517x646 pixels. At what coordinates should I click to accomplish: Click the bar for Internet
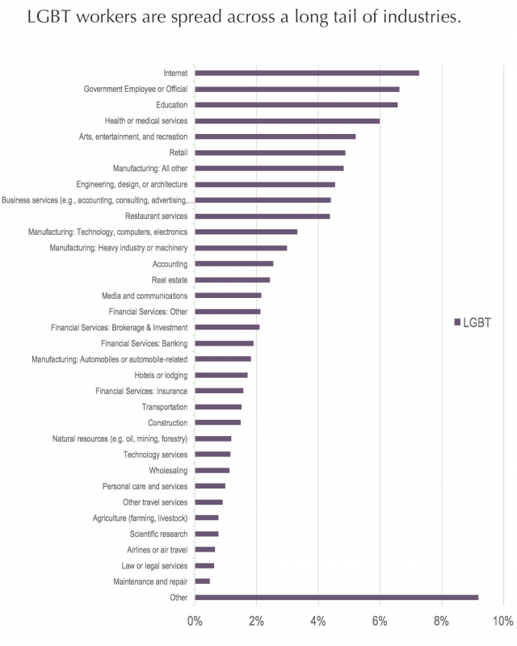pos(307,73)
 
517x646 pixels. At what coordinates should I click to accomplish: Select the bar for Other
pos(336,598)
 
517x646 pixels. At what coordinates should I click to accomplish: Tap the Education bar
pos(296,105)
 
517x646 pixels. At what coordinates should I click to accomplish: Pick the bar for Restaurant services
pos(263,216)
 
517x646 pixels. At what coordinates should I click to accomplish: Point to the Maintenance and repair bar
pos(202,581)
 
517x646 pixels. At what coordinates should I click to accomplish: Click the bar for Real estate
pos(232,280)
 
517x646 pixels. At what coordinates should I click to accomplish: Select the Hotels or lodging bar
pos(221,375)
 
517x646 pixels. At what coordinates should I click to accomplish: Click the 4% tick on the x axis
pos(318,623)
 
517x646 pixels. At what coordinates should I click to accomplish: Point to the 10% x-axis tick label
pos(502,623)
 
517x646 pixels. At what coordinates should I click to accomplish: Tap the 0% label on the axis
pos(195,623)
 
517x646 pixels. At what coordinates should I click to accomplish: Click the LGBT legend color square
pos(457,322)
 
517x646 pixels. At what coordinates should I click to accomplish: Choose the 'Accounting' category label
pos(170,264)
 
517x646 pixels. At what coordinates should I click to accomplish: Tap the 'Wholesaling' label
pos(168,471)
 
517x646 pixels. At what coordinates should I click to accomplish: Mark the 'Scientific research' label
pos(158,534)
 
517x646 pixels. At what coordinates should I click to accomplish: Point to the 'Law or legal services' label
pos(154,566)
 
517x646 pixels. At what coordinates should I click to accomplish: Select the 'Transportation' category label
pos(165,407)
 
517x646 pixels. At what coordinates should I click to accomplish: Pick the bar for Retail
pos(270,153)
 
